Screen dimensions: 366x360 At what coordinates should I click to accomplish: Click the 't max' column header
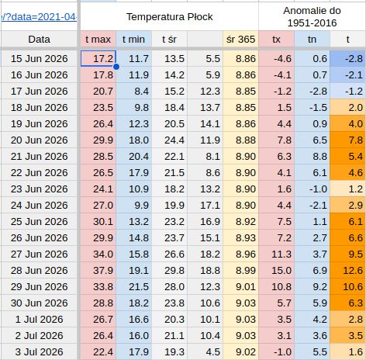98,40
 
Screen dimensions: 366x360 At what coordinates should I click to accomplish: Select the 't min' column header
133,40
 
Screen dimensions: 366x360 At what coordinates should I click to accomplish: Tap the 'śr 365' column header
240,40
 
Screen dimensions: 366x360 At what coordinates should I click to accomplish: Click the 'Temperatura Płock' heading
169,17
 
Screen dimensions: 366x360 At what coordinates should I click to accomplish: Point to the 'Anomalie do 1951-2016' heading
312,17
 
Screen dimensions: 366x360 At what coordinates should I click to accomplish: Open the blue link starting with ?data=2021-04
39,17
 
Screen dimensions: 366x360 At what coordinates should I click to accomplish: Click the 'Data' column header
39,40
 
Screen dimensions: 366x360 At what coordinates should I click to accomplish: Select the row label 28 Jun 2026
39,271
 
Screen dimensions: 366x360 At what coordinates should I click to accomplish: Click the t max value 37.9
103,271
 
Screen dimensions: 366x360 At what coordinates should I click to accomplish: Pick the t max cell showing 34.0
103,254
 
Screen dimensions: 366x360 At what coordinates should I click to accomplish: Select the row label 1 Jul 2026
39,320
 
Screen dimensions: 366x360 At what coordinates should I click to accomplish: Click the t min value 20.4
139,157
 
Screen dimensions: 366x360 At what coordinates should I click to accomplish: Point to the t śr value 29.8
174,271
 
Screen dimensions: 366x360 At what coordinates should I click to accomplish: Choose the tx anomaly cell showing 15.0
281,271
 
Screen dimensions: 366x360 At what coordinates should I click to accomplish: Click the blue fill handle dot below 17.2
116,67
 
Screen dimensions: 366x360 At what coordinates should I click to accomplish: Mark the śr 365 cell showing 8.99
246,271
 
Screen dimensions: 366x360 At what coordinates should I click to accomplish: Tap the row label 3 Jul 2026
39,352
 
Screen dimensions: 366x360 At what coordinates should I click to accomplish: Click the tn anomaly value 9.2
320,287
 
